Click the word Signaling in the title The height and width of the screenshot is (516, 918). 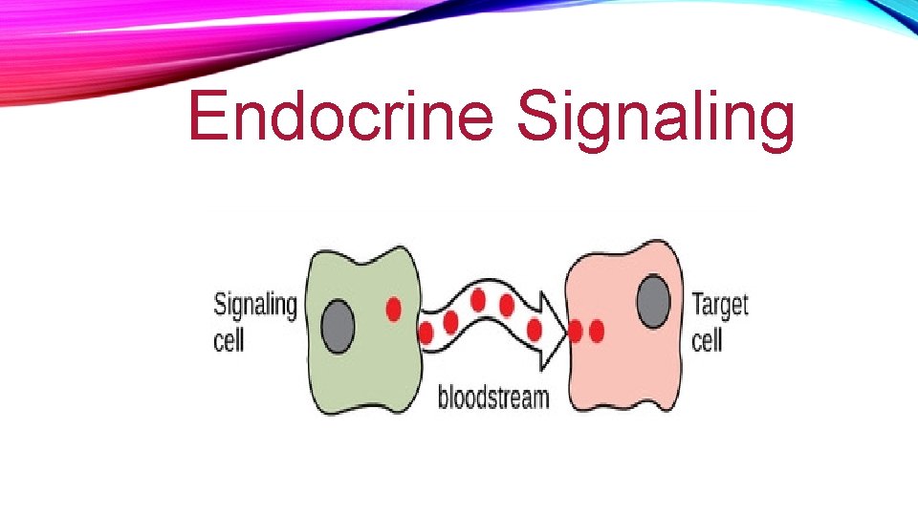point(655,119)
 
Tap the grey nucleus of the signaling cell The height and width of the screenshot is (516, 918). point(338,325)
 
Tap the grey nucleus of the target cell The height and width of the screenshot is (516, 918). point(653,300)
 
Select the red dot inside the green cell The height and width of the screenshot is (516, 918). point(393,309)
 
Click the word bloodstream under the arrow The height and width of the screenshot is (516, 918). point(493,396)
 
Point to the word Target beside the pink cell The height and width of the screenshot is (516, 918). point(720,306)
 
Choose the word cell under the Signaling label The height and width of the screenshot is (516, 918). point(229,339)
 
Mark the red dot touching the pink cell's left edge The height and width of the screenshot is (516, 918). point(577,332)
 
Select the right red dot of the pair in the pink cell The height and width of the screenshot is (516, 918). point(598,332)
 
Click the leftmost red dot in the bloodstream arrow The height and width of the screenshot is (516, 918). point(426,333)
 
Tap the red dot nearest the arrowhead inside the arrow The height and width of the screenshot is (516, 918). point(535,329)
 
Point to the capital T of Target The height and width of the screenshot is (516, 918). point(698,306)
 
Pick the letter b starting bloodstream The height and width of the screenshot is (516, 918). point(443,396)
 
